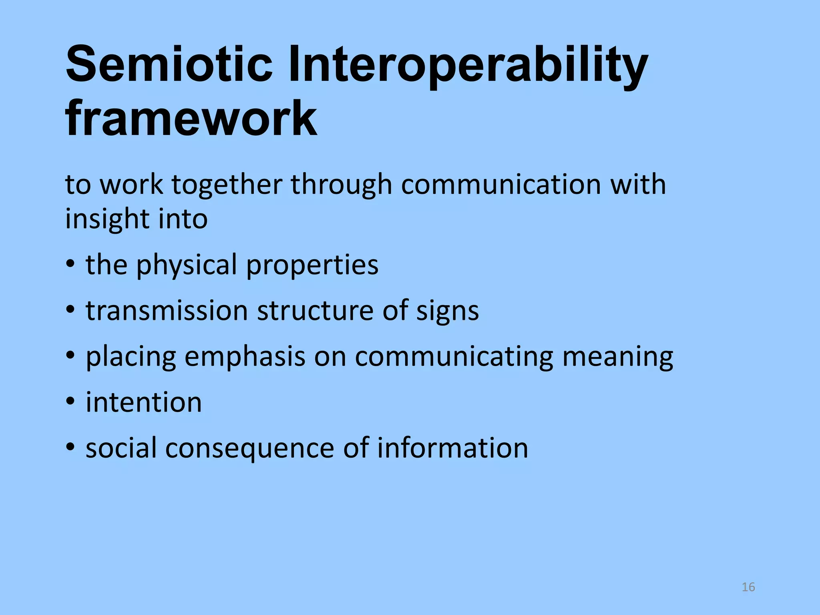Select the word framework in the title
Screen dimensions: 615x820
191,119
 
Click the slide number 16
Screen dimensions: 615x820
748,587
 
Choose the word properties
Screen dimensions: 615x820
312,265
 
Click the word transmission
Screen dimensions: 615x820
167,311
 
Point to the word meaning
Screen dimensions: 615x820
618,357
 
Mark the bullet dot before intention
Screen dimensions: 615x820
70,402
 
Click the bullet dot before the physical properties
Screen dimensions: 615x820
70,264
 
